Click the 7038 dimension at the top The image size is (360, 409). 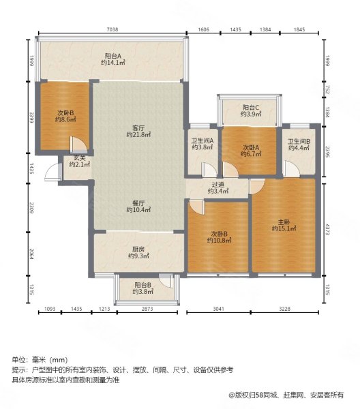(112, 30)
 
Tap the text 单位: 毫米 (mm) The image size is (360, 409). (40, 359)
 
